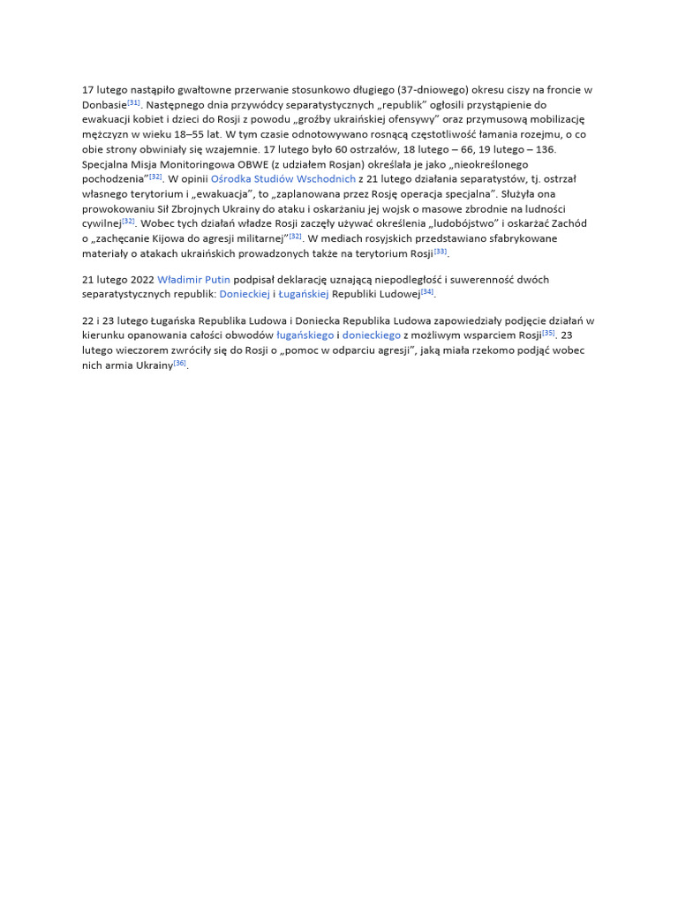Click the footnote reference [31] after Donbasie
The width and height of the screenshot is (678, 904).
134,102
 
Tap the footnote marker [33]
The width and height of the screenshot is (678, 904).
441,252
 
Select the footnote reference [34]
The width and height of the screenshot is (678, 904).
427,290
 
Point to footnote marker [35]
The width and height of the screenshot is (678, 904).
549,333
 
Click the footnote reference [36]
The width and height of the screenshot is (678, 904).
180,363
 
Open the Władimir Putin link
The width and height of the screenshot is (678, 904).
193,280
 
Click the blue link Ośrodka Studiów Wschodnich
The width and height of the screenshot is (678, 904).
283,178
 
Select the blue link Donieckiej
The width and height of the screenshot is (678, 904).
245,294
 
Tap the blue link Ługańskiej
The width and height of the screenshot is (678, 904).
304,294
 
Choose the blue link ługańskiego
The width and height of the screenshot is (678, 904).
305,335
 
